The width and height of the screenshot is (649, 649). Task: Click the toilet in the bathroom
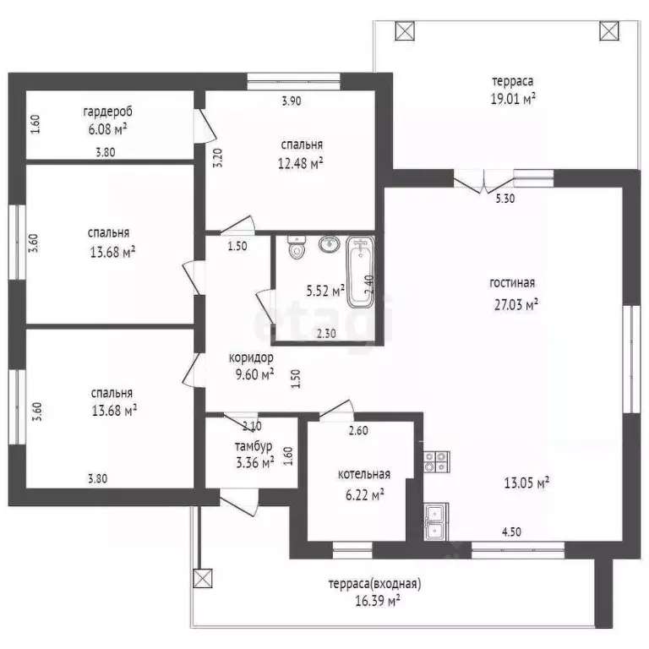(x=297, y=247)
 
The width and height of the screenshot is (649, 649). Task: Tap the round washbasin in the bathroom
(x=330, y=243)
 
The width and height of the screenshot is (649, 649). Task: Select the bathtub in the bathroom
(x=360, y=272)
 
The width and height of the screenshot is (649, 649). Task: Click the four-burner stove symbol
(x=437, y=462)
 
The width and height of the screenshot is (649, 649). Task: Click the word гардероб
(x=107, y=112)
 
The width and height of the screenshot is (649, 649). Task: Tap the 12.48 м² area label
(x=301, y=163)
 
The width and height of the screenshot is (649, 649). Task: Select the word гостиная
(x=512, y=283)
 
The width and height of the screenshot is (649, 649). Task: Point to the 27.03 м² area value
(x=516, y=304)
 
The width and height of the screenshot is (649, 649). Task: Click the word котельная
(x=364, y=474)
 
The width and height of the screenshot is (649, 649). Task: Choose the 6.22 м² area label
(x=365, y=494)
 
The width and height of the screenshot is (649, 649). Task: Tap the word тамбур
(x=254, y=446)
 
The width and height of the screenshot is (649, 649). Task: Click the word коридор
(x=251, y=357)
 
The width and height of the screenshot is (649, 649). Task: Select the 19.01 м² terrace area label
(x=513, y=99)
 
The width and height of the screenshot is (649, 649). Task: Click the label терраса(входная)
(x=374, y=584)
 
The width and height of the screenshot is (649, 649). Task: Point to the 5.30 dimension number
(x=505, y=199)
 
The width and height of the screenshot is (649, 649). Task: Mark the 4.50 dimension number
(x=511, y=532)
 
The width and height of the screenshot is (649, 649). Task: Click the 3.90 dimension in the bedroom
(x=292, y=101)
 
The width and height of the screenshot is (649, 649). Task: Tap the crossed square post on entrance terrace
(x=203, y=578)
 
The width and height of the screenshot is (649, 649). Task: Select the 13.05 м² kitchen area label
(x=526, y=483)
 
